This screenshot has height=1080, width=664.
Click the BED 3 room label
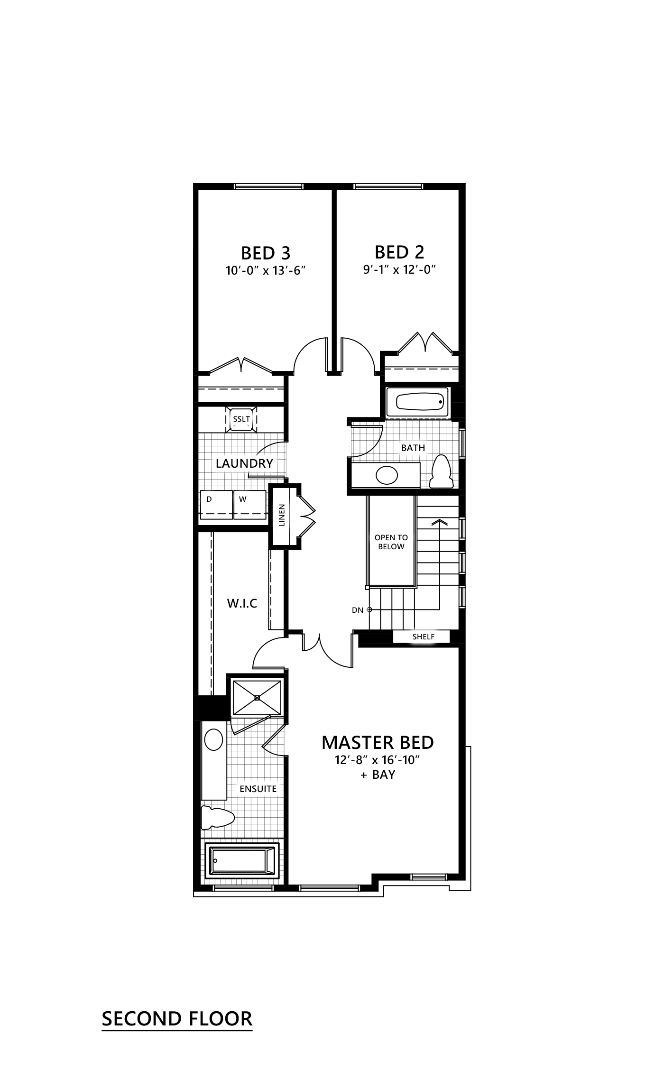[x=266, y=253]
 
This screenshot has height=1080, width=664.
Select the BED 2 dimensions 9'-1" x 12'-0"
[x=399, y=270]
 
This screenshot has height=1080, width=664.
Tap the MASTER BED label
[x=378, y=742]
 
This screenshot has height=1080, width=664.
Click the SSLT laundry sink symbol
[x=241, y=419]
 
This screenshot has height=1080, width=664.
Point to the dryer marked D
[x=216, y=505]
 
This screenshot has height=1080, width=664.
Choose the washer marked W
[x=249, y=505]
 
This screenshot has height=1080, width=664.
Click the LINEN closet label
[x=282, y=515]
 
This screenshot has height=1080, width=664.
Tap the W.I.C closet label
[x=242, y=603]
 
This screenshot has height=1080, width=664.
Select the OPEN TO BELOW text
[x=391, y=542]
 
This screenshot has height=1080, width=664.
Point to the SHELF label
[x=423, y=637]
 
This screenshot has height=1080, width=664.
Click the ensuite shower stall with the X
[x=257, y=697]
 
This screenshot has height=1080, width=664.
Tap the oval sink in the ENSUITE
[x=213, y=740]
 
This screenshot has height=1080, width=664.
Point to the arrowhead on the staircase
[x=440, y=522]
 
